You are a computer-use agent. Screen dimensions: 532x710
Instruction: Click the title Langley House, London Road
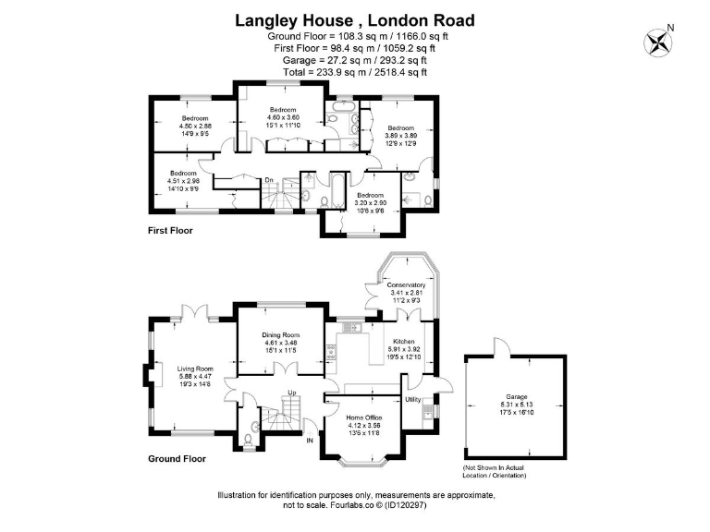pyautogui.click(x=355, y=19)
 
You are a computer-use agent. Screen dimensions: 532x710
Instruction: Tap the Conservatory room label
pyautogui.click(x=406, y=284)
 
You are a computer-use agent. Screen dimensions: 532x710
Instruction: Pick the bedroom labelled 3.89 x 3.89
pyautogui.click(x=400, y=127)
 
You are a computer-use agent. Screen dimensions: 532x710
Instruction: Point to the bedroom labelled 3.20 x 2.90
pyautogui.click(x=370, y=195)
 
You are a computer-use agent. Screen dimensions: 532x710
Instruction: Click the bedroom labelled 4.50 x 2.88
pyautogui.click(x=195, y=118)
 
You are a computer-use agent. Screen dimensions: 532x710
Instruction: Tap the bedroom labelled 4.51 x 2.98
pyautogui.click(x=183, y=174)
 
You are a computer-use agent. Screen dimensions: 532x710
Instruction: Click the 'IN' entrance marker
pyautogui.click(x=311, y=442)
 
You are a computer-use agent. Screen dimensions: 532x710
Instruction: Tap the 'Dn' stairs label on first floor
pyautogui.click(x=269, y=179)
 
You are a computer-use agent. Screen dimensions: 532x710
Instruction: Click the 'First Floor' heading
pyautogui.click(x=171, y=231)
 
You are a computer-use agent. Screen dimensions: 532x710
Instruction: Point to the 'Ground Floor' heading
pyautogui.click(x=177, y=457)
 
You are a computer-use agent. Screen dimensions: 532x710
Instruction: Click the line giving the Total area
pyautogui.click(x=355, y=71)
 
